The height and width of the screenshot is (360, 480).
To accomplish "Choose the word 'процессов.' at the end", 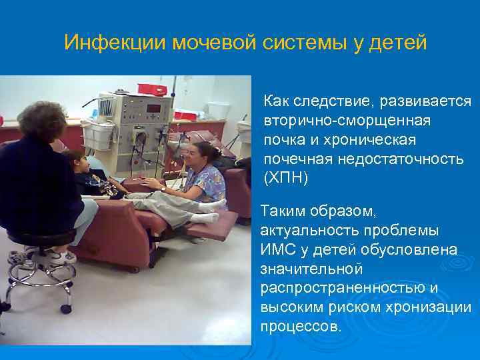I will [301, 327].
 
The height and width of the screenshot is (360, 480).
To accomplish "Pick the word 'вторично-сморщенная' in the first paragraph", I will [347, 121].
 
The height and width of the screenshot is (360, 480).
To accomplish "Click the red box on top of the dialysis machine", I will [151, 89].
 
